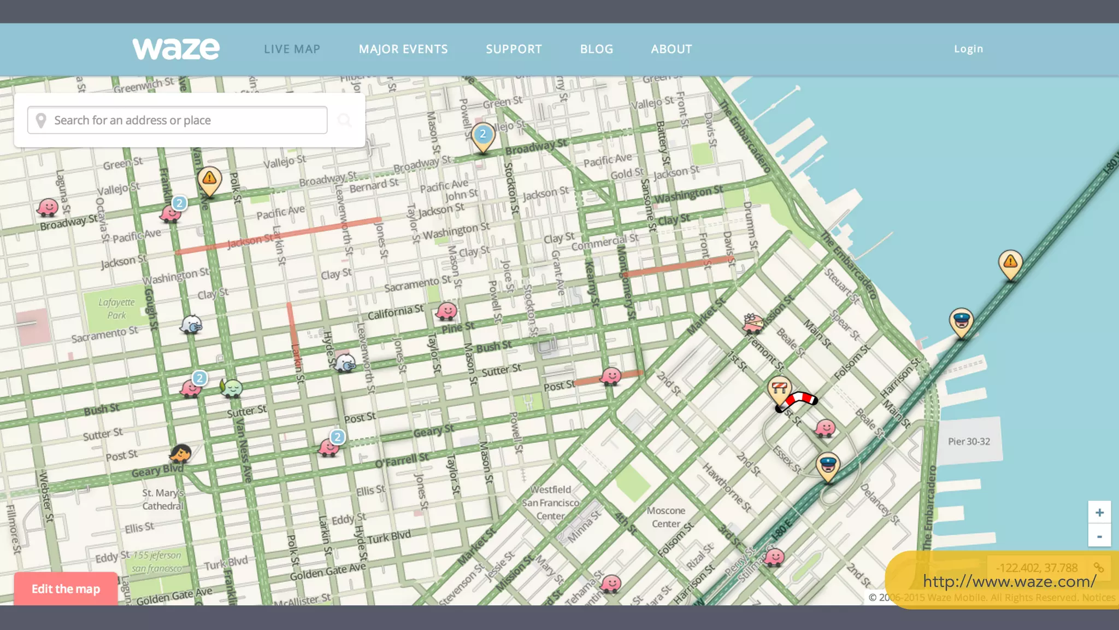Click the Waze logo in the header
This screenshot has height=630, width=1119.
tap(176, 49)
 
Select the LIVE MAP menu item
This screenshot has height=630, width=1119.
tap(292, 49)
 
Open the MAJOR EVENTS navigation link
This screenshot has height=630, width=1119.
tap(403, 49)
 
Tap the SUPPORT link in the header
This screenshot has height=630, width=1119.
tap(514, 49)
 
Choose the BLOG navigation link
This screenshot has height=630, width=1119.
tap(597, 49)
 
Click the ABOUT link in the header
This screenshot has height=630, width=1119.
tap(672, 49)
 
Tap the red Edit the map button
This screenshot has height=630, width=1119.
tap(66, 589)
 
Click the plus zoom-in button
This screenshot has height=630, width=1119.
tap(1099, 512)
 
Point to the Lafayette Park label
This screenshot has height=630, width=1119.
tap(116, 308)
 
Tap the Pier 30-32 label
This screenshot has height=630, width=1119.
tap(969, 441)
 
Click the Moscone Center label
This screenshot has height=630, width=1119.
tap(666, 517)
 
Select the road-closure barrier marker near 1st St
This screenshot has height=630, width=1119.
tap(780, 389)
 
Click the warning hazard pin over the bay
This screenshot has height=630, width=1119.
tap(1010, 263)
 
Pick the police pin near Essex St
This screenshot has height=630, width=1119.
tap(828, 465)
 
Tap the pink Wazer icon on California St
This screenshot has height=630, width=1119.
tap(446, 311)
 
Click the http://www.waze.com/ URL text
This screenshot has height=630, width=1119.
tap(1009, 581)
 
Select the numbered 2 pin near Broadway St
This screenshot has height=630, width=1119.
tap(483, 135)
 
